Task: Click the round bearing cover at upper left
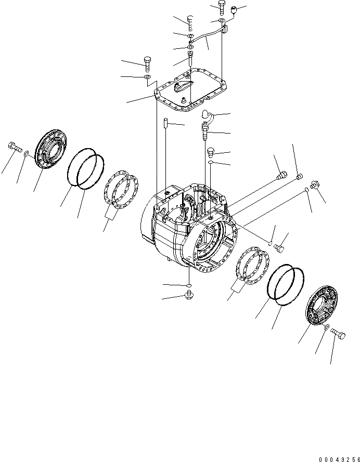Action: (50, 148)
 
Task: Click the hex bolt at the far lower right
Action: (337, 336)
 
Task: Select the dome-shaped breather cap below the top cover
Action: (207, 115)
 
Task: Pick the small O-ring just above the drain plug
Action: (188, 286)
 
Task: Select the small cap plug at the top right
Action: (234, 9)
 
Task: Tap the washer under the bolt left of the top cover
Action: (148, 77)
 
